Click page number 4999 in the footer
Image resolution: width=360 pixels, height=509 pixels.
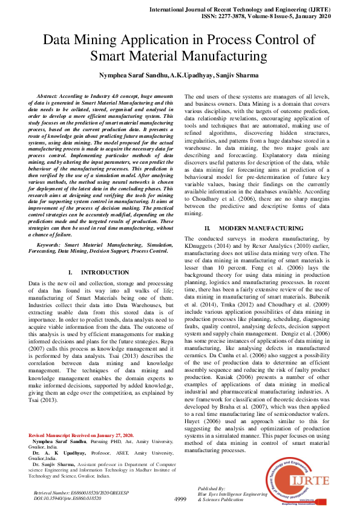pyautogui.click(x=180, y=499)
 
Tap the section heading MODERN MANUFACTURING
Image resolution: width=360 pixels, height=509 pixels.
pyautogui.click(x=261, y=229)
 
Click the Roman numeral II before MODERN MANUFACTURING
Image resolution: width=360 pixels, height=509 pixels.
pyautogui.click(x=207, y=229)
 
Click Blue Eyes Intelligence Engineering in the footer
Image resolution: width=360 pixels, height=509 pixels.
pyautogui.click(x=232, y=494)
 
